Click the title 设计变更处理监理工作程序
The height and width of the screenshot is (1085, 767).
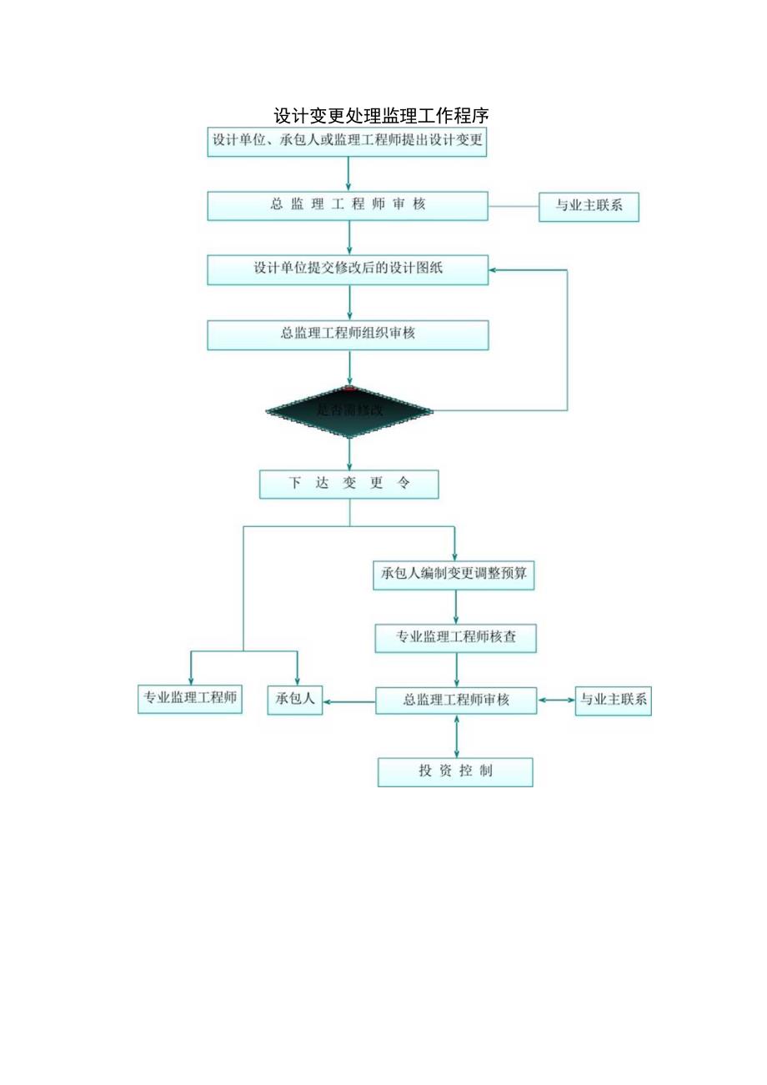381,115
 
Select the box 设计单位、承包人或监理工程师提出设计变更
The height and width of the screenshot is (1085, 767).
348,141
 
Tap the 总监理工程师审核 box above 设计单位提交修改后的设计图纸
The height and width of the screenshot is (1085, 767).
348,205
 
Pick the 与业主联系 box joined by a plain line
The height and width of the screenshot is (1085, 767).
589,206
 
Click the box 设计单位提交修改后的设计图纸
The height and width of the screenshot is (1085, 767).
348,269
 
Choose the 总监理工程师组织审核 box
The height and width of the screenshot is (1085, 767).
348,334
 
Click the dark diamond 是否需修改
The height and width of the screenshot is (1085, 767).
349,410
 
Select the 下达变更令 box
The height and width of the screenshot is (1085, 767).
348,484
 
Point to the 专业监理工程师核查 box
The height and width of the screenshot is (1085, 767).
455,638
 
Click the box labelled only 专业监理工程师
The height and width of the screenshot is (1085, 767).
190,699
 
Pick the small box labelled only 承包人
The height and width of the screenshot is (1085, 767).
294,700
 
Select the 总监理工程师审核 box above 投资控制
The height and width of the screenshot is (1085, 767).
456,701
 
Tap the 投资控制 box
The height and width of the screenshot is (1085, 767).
455,771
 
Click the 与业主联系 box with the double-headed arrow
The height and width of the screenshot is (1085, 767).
614,701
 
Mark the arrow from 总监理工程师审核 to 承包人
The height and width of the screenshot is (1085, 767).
349,701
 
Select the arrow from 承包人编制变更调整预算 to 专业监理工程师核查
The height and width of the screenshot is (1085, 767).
456,607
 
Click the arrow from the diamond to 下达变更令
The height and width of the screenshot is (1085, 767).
349,454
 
